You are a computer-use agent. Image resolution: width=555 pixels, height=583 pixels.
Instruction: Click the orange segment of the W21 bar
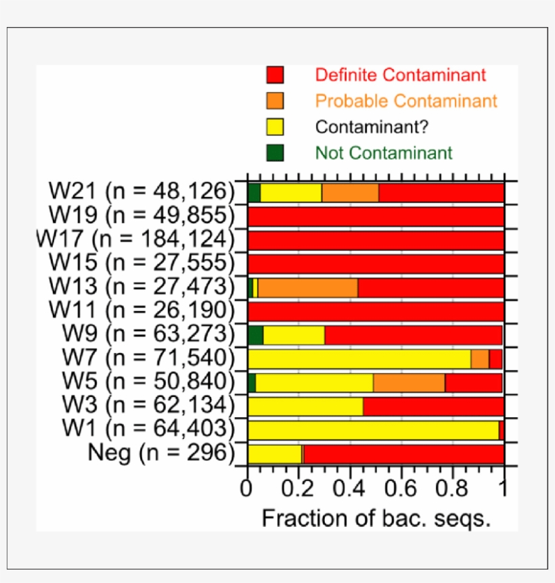(x=350, y=193)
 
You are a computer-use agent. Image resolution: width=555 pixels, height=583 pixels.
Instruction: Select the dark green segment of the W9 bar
(x=255, y=335)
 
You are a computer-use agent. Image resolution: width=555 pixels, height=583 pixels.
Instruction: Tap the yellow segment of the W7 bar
(x=359, y=358)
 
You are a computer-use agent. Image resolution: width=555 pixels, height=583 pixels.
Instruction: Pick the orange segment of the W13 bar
(x=308, y=287)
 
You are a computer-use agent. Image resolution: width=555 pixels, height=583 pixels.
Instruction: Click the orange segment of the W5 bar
(x=409, y=383)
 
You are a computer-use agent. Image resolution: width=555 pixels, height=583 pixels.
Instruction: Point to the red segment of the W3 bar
(x=433, y=406)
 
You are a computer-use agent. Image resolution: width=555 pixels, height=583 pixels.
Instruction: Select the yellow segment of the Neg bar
(x=274, y=454)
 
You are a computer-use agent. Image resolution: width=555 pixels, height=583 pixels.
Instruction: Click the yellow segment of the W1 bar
(x=373, y=430)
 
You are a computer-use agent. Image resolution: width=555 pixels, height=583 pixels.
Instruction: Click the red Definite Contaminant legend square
(x=275, y=74)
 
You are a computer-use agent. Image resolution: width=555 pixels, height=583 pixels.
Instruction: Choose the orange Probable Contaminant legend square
(x=275, y=101)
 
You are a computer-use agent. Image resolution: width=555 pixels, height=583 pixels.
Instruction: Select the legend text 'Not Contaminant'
(x=384, y=153)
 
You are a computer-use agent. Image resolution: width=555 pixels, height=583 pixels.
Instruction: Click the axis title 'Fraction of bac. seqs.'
(x=376, y=519)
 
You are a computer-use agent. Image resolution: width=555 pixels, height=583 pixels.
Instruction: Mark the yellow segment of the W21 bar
(x=291, y=193)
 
